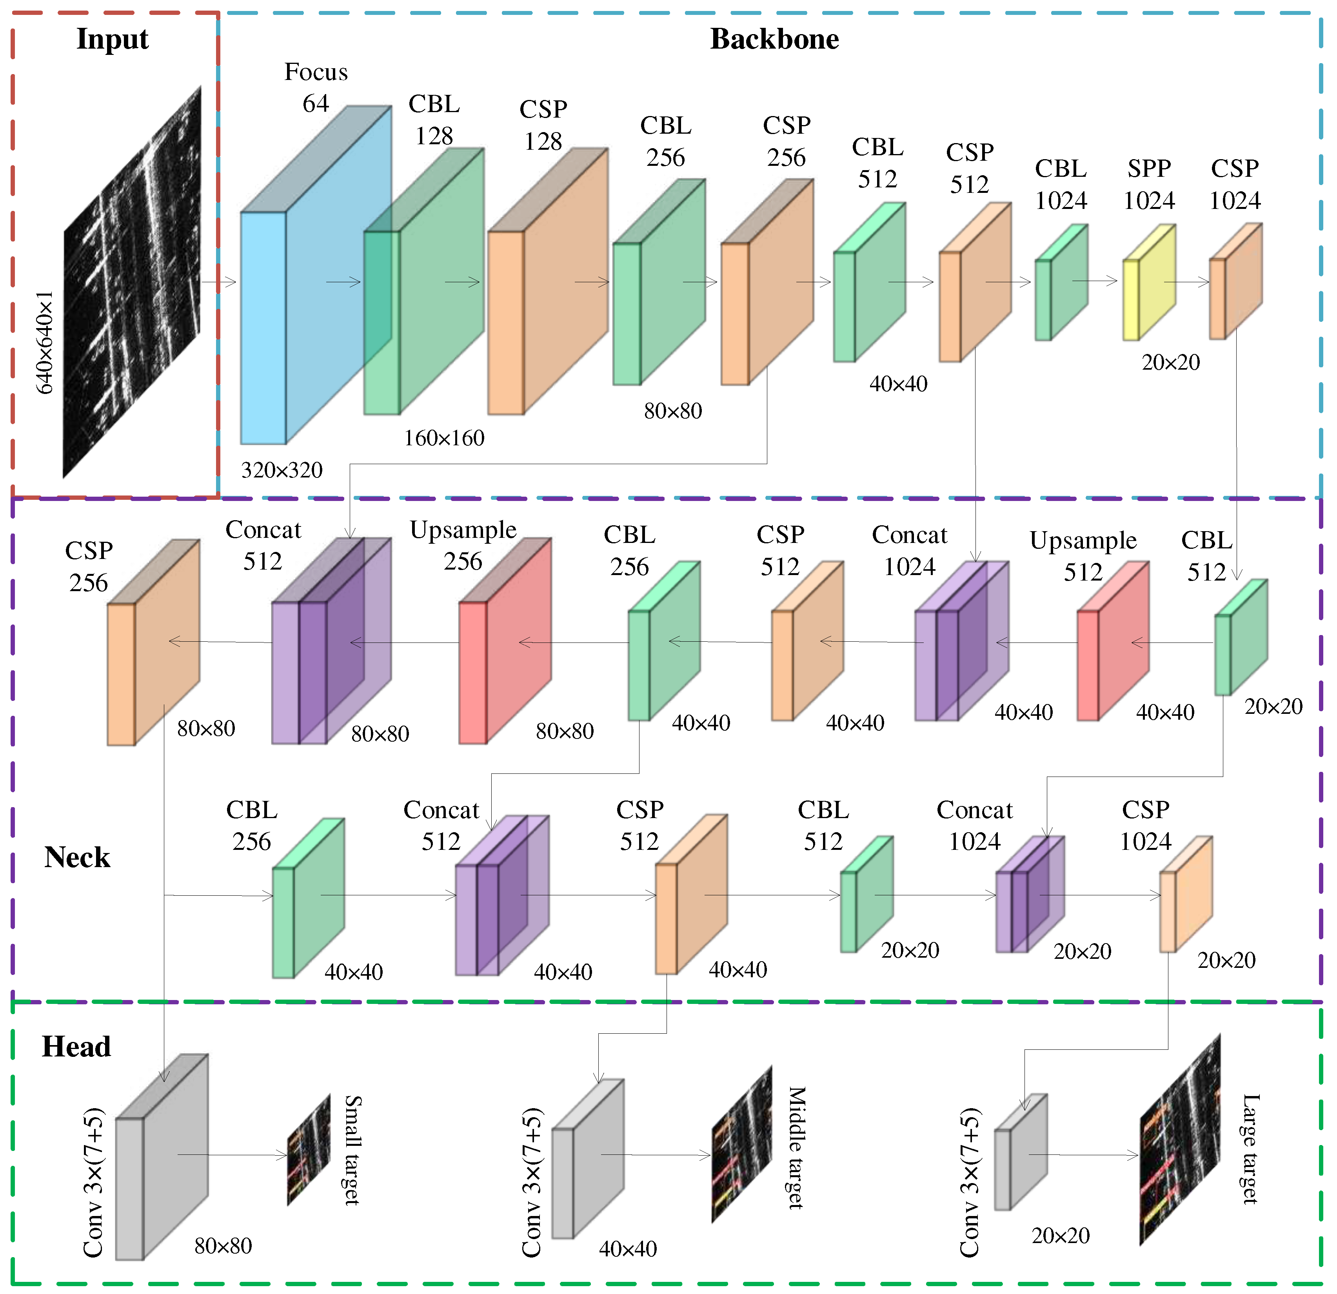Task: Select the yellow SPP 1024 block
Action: (1150, 287)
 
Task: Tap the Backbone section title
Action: (774, 39)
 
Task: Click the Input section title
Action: (113, 39)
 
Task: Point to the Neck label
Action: (77, 857)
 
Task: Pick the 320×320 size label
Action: (282, 470)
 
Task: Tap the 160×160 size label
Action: (444, 438)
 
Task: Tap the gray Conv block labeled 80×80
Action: (162, 1160)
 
